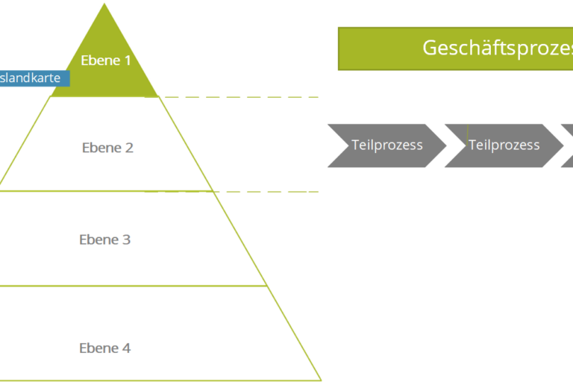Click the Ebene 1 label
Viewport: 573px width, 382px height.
click(x=105, y=60)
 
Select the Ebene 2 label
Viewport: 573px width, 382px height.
click(x=107, y=148)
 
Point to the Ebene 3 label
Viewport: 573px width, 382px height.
click(x=105, y=239)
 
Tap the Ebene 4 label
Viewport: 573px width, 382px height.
click(x=105, y=348)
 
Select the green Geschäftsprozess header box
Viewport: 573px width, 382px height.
click(x=455, y=48)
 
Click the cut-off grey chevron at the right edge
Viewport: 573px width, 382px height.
click(x=568, y=145)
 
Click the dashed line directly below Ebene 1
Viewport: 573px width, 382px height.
click(x=239, y=97)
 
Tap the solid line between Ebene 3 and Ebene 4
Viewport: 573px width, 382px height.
click(x=134, y=286)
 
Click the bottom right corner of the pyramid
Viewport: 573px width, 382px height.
click(x=321, y=380)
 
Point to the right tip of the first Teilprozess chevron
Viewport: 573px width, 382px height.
click(x=445, y=145)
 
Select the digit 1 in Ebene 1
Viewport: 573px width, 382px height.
click(x=127, y=60)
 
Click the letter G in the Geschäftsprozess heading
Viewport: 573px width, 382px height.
click(x=430, y=48)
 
